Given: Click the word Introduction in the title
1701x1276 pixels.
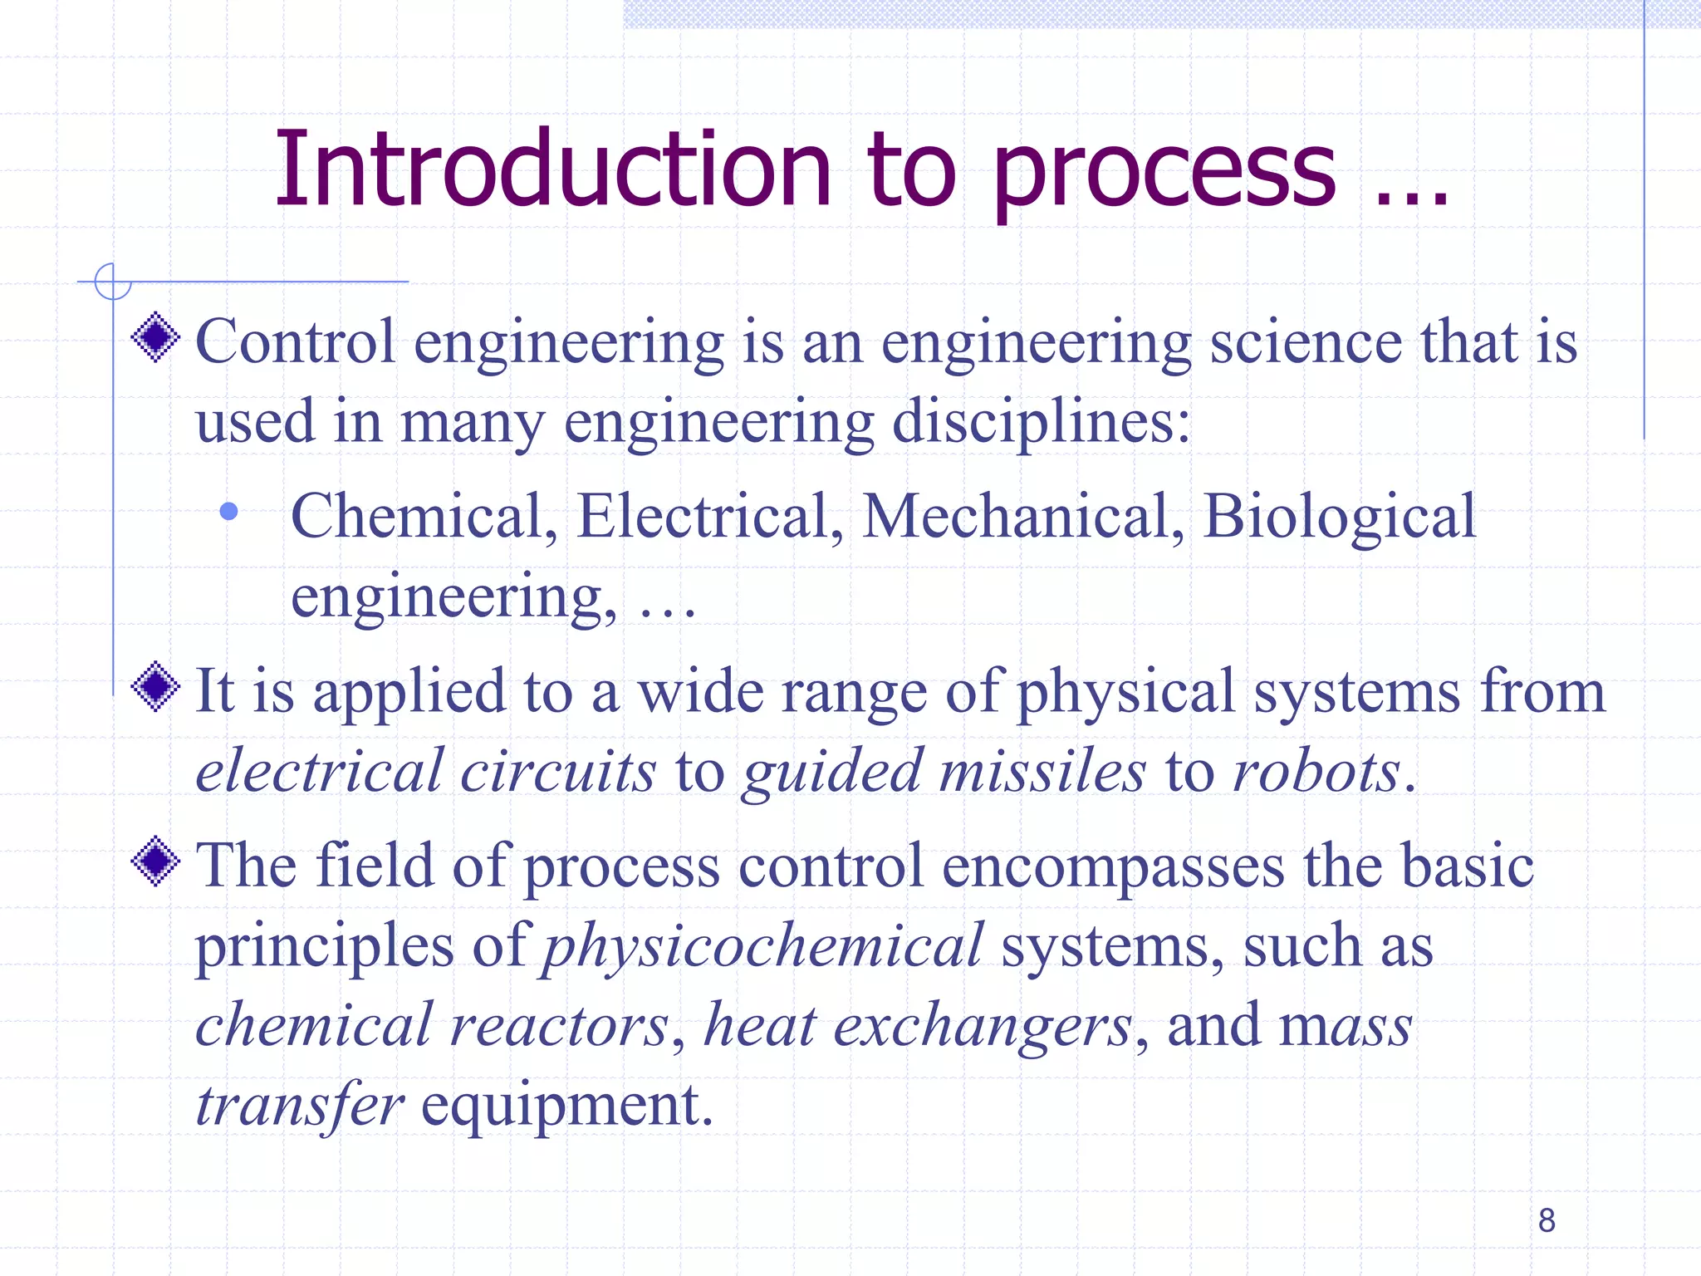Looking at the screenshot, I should (552, 169).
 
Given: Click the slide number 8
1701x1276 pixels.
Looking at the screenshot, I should (1547, 1220).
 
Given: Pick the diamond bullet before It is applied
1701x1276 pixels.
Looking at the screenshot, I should (155, 687).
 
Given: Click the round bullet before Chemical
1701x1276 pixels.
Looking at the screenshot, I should (229, 512).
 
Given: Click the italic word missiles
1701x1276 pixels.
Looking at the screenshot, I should (1042, 772).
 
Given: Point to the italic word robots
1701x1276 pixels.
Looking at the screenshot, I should (1317, 772).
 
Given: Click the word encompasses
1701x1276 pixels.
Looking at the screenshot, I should (1113, 867).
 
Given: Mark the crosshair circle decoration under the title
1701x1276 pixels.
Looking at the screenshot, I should (112, 282).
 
